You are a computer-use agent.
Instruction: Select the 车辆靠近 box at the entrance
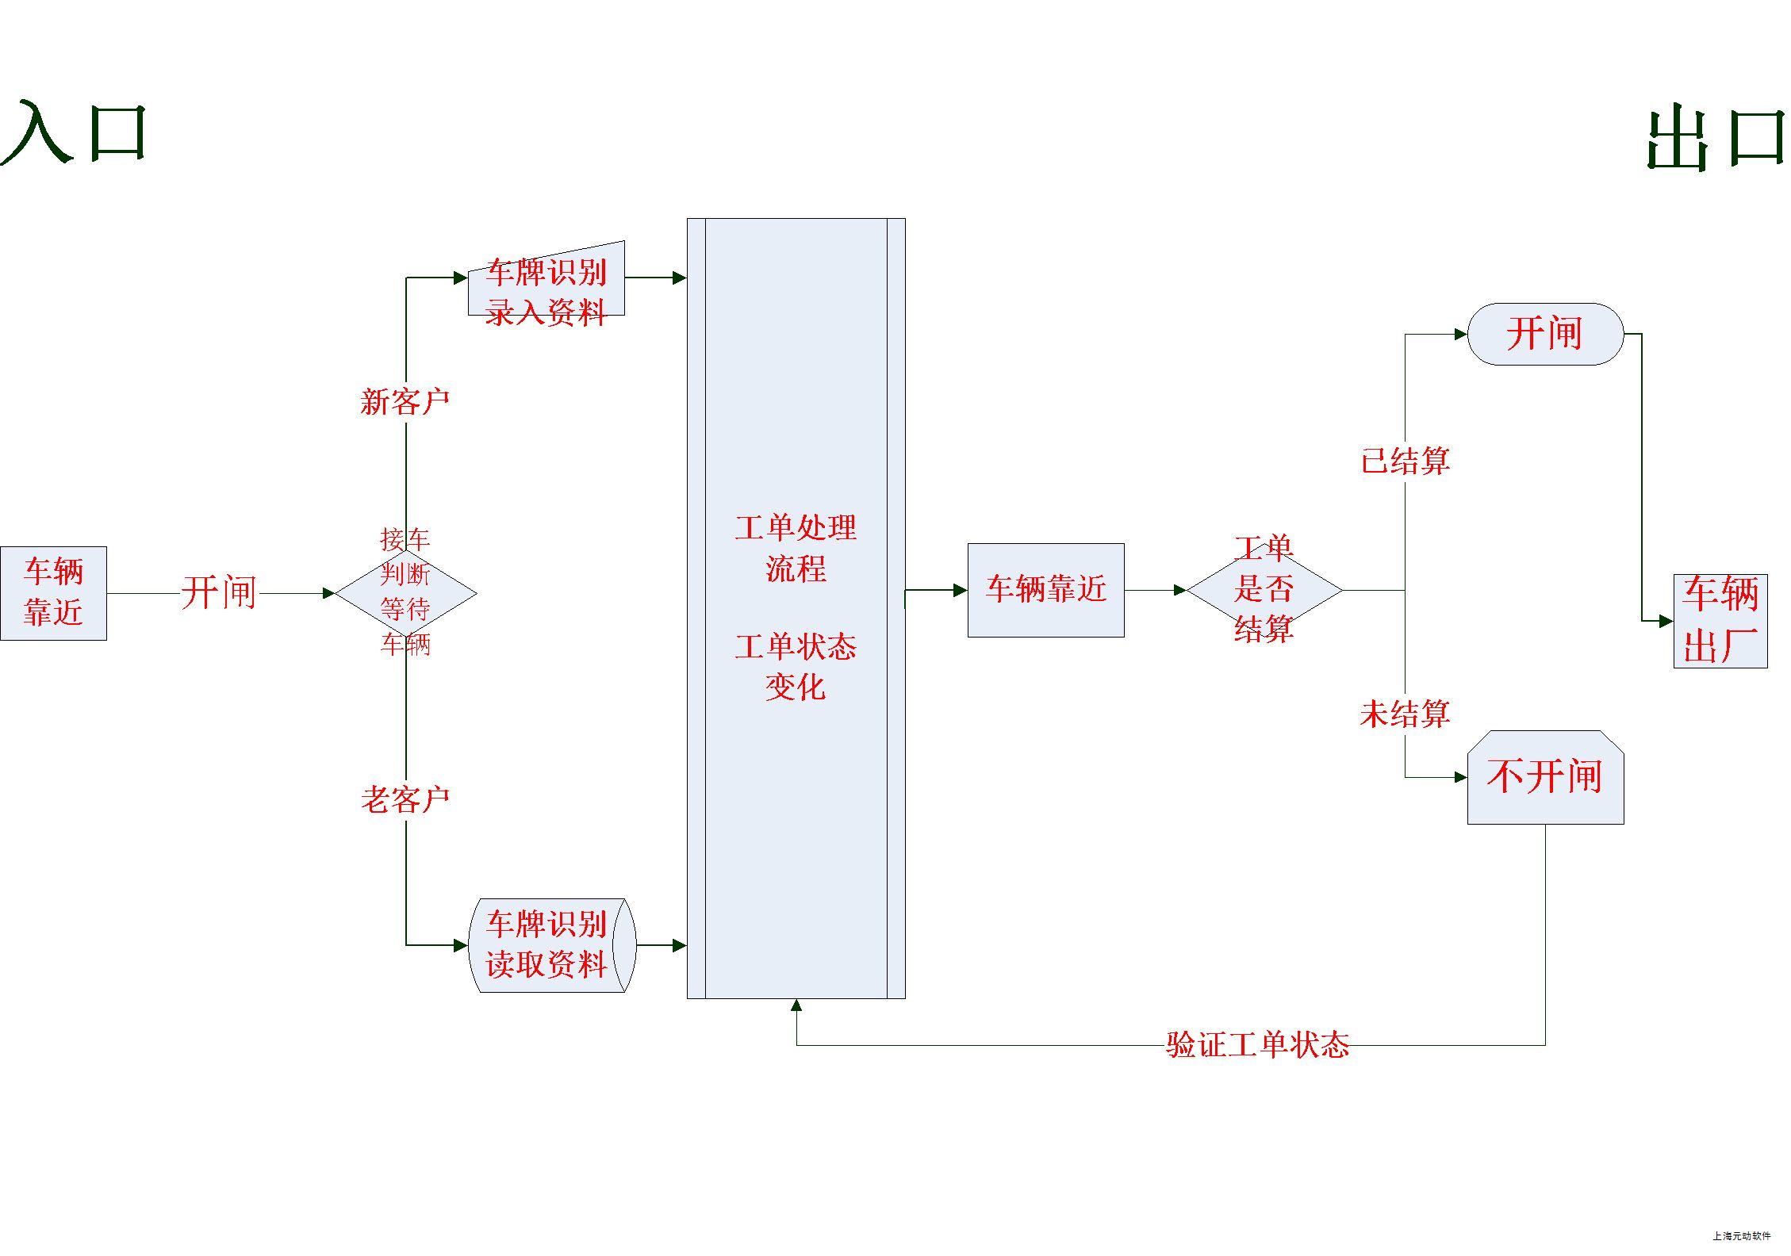53,592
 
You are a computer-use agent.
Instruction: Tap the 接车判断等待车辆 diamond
405,592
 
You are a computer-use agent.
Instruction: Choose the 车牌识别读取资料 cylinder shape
552,944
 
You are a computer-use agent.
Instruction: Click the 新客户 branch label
405,402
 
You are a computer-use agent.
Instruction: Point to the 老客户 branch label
405,799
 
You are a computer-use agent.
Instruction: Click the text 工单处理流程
796,548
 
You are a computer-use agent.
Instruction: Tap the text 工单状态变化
796,667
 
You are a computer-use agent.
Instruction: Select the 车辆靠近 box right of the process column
1045,589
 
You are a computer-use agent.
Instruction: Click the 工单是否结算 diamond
1264,590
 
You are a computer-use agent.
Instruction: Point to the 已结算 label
1406,461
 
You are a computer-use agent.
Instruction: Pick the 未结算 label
1405,714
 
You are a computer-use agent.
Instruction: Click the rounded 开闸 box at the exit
1545,334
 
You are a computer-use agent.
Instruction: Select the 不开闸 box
1545,777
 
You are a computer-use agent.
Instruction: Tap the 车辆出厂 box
1720,620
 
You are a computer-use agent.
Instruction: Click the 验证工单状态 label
1257,1045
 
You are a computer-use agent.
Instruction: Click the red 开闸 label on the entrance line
219,592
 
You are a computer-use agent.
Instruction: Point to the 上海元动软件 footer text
1741,1235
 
